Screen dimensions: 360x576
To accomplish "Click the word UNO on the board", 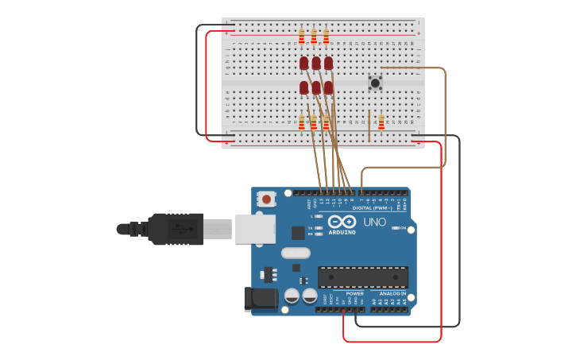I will point(374,222).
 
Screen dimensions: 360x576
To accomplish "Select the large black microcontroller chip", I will point(363,277).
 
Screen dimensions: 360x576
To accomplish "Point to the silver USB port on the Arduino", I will point(255,228).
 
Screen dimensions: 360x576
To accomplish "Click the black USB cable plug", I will point(175,229).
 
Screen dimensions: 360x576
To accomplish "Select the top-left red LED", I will point(303,62).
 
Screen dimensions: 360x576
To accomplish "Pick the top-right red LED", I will point(328,62).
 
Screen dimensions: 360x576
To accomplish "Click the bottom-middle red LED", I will point(316,87).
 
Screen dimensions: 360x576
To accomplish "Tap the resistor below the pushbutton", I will point(381,122).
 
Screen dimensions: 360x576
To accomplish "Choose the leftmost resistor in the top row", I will point(302,36).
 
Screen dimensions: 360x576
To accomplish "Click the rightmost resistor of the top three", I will point(326,36).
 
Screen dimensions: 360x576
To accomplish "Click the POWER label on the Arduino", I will point(354,293).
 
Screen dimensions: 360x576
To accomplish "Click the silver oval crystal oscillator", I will point(295,254).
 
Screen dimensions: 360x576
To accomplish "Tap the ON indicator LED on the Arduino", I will point(395,228).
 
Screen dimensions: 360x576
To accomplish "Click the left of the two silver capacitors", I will point(292,296).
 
